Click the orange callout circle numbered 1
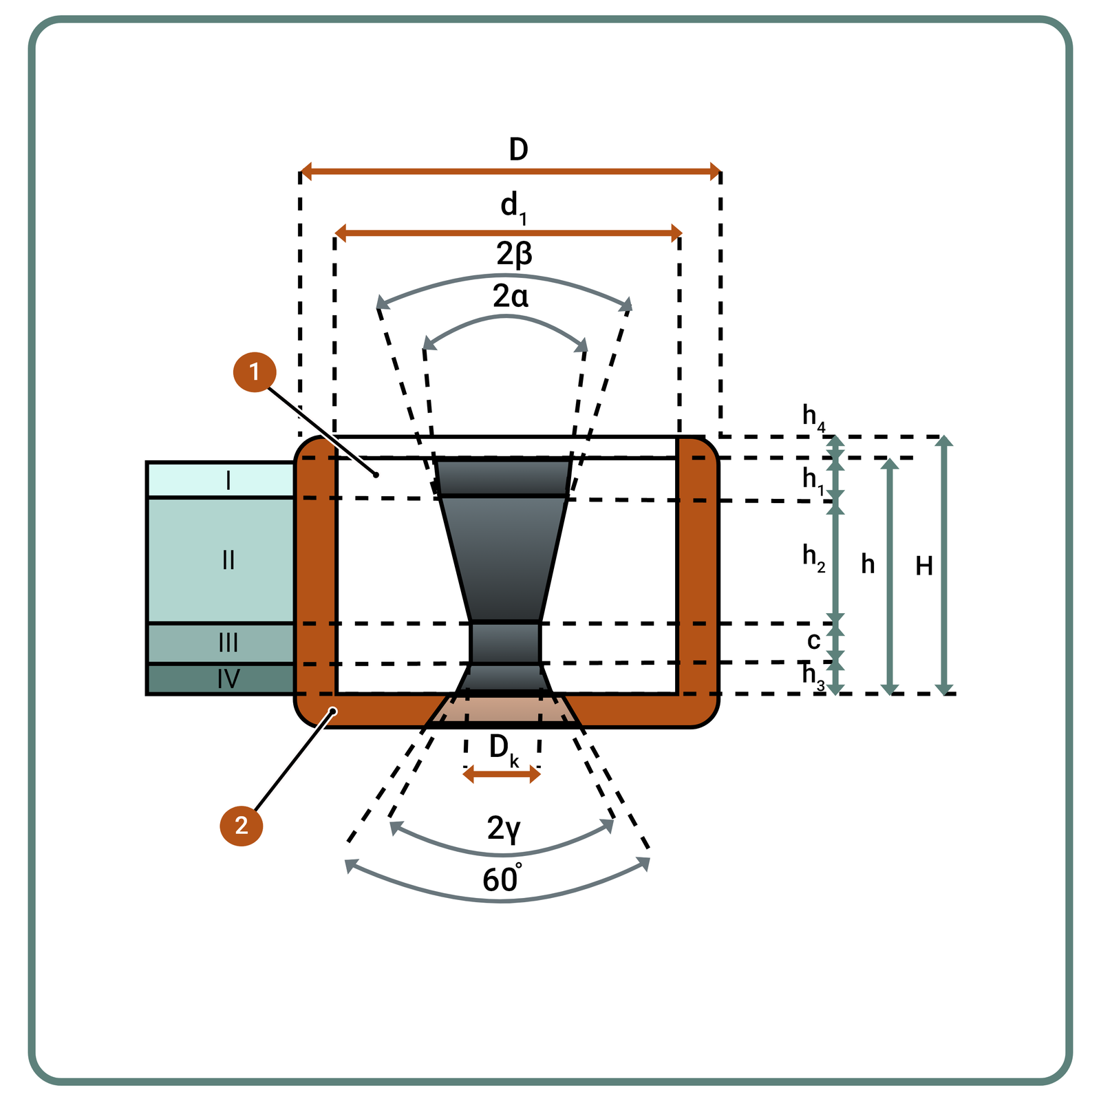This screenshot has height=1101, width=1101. click(255, 372)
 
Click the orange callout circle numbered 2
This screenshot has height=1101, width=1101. click(241, 825)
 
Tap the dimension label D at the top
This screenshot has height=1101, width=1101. click(518, 149)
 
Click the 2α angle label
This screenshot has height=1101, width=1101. click(511, 297)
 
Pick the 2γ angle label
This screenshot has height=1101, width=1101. click(504, 828)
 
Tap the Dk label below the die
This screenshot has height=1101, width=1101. click(503, 748)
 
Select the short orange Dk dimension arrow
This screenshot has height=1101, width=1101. click(502, 776)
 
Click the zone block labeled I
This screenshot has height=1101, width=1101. click(221, 480)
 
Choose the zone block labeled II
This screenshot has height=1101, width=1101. click(221, 560)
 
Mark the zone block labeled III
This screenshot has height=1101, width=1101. click(221, 643)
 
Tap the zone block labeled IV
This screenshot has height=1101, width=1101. click(221, 679)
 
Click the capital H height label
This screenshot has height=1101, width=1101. click(924, 566)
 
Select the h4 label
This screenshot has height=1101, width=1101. click(813, 416)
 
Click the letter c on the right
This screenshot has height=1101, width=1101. click(813, 641)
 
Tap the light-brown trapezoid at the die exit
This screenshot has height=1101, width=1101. click(503, 709)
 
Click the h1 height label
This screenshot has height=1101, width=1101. click(813, 480)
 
